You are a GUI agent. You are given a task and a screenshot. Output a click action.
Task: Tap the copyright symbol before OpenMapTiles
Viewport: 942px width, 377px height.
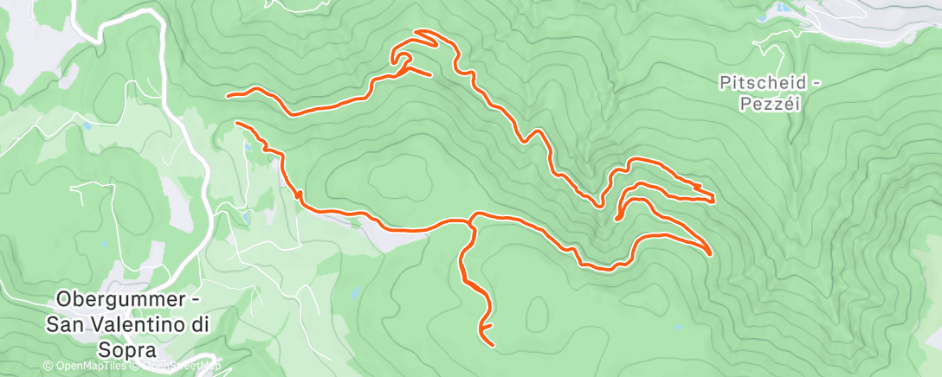pos(48,367)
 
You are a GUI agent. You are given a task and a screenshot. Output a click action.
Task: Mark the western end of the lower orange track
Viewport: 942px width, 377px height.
pos(237,124)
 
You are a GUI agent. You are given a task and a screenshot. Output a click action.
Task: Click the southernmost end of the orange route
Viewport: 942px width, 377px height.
pos(493,345)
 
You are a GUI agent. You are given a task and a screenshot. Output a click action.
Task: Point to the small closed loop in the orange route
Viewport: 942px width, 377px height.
pos(403,60)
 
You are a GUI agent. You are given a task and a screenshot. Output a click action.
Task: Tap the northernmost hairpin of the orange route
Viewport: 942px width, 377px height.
pos(419,35)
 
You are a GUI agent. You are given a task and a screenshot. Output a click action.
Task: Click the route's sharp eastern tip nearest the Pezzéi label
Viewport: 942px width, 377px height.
pos(712,201)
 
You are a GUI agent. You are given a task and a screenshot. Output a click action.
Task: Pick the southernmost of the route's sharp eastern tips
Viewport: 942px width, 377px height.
pos(710,254)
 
